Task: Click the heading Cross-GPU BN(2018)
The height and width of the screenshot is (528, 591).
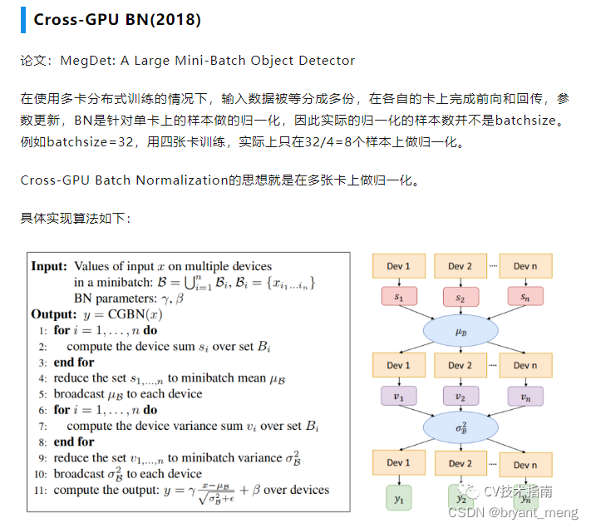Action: [x=117, y=19]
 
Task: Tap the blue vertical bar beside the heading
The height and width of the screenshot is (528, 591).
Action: [x=23, y=19]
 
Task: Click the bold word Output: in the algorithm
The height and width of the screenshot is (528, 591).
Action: [x=54, y=314]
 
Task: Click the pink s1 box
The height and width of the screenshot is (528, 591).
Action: [x=398, y=297]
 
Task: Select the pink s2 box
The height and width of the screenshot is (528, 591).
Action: [x=460, y=297]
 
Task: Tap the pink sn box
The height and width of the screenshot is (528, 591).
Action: [x=524, y=297]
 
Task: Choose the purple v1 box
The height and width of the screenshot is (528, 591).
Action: [x=398, y=397]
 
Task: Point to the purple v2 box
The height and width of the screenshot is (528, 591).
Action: [x=460, y=397]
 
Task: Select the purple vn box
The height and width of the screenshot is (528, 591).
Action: [x=524, y=397]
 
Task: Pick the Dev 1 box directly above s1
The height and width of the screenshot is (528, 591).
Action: [x=399, y=266]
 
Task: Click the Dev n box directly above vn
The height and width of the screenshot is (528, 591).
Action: [x=525, y=366]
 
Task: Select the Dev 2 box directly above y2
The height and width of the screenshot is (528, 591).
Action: [x=460, y=464]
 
